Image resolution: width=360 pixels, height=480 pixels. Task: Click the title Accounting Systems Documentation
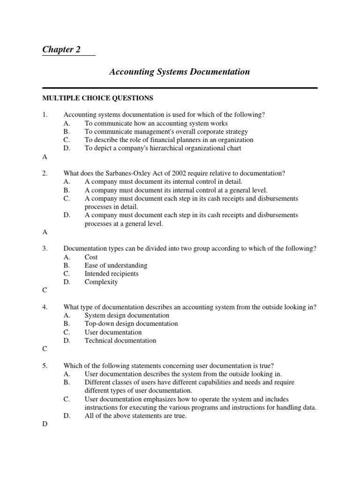(x=180, y=72)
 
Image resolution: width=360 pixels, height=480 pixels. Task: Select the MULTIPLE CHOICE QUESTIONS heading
(x=97, y=98)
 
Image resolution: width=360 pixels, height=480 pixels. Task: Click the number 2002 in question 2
(x=170, y=173)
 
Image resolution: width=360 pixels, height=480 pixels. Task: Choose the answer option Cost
(x=91, y=257)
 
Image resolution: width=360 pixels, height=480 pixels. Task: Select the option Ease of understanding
(x=116, y=265)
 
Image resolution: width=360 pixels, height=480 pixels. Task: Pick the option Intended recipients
(x=112, y=274)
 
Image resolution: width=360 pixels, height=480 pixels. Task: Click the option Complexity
(x=101, y=282)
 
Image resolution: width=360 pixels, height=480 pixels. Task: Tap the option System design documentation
(x=127, y=315)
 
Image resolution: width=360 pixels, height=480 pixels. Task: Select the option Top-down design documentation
(x=131, y=324)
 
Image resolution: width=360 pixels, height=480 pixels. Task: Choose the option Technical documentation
(x=120, y=341)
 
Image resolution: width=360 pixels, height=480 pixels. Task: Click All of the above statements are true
(x=135, y=416)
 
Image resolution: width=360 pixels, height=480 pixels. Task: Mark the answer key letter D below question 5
(x=45, y=424)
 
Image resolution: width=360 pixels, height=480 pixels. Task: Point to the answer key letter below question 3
(x=45, y=291)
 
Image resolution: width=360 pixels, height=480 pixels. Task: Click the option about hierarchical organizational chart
(x=163, y=149)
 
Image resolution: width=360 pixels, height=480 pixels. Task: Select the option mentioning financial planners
(x=169, y=140)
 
